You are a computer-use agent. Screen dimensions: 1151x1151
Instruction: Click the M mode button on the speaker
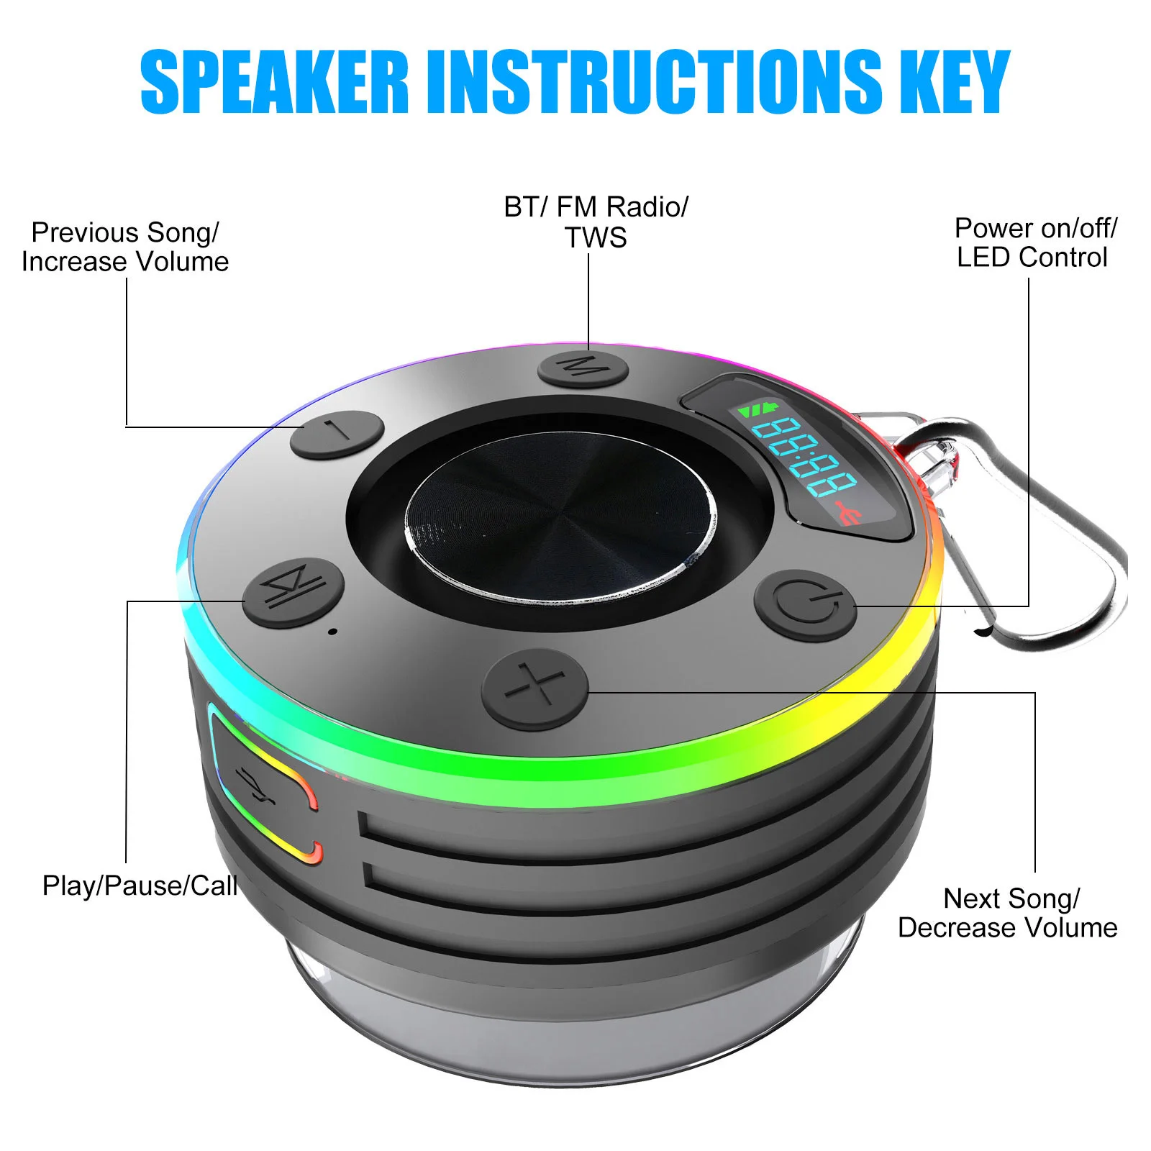coord(583,369)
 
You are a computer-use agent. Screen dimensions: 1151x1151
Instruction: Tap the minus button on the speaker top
coord(337,434)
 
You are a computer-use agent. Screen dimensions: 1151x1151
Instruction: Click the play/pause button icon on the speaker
coord(294,591)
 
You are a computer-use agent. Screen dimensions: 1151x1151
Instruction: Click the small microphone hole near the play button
coord(332,632)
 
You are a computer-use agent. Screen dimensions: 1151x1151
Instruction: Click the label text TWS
coord(596,238)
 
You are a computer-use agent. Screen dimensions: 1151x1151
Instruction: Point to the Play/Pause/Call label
coord(140,886)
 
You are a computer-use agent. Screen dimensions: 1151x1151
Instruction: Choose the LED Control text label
coord(1032,258)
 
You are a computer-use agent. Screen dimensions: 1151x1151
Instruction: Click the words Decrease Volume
coord(1007,928)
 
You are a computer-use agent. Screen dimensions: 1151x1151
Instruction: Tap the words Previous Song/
coord(124,232)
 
